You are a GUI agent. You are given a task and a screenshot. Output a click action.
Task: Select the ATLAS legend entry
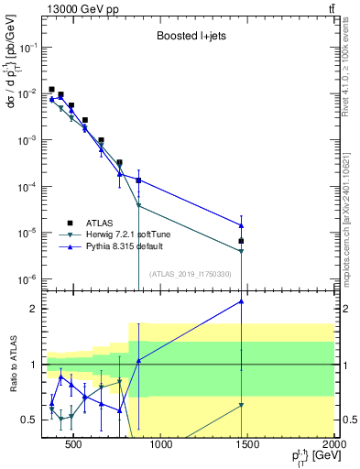pos(101,222)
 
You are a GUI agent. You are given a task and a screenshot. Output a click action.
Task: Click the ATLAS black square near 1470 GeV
pos(241,242)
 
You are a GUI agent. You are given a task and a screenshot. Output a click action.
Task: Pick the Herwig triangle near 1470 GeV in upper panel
pos(241,251)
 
